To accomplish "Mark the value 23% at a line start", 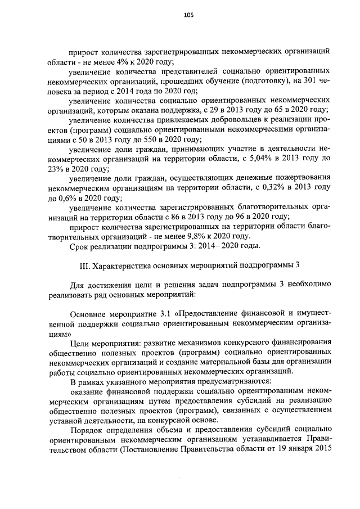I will [x=57, y=169].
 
